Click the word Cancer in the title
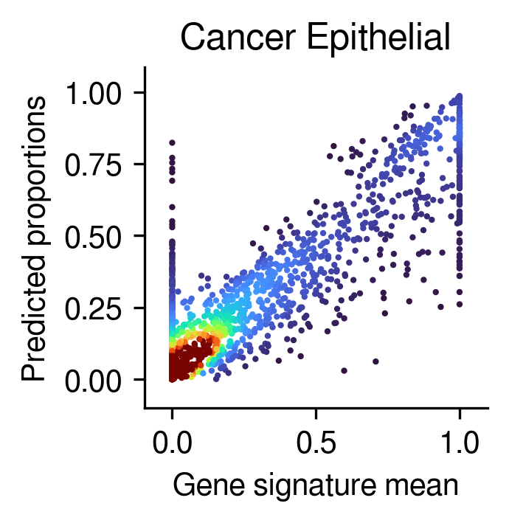coord(238,38)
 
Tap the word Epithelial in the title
coord(378,39)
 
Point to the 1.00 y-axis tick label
coord(93,92)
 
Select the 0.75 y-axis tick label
coord(93,164)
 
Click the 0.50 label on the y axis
coord(93,236)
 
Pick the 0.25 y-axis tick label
coord(93,308)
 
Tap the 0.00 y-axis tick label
coord(93,380)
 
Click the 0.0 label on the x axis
coord(172,443)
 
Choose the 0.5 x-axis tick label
coord(316,443)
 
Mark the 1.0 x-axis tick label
coord(460,443)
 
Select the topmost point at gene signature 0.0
coord(172,143)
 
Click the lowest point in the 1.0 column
coord(460,304)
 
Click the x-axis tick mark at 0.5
coord(316,414)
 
